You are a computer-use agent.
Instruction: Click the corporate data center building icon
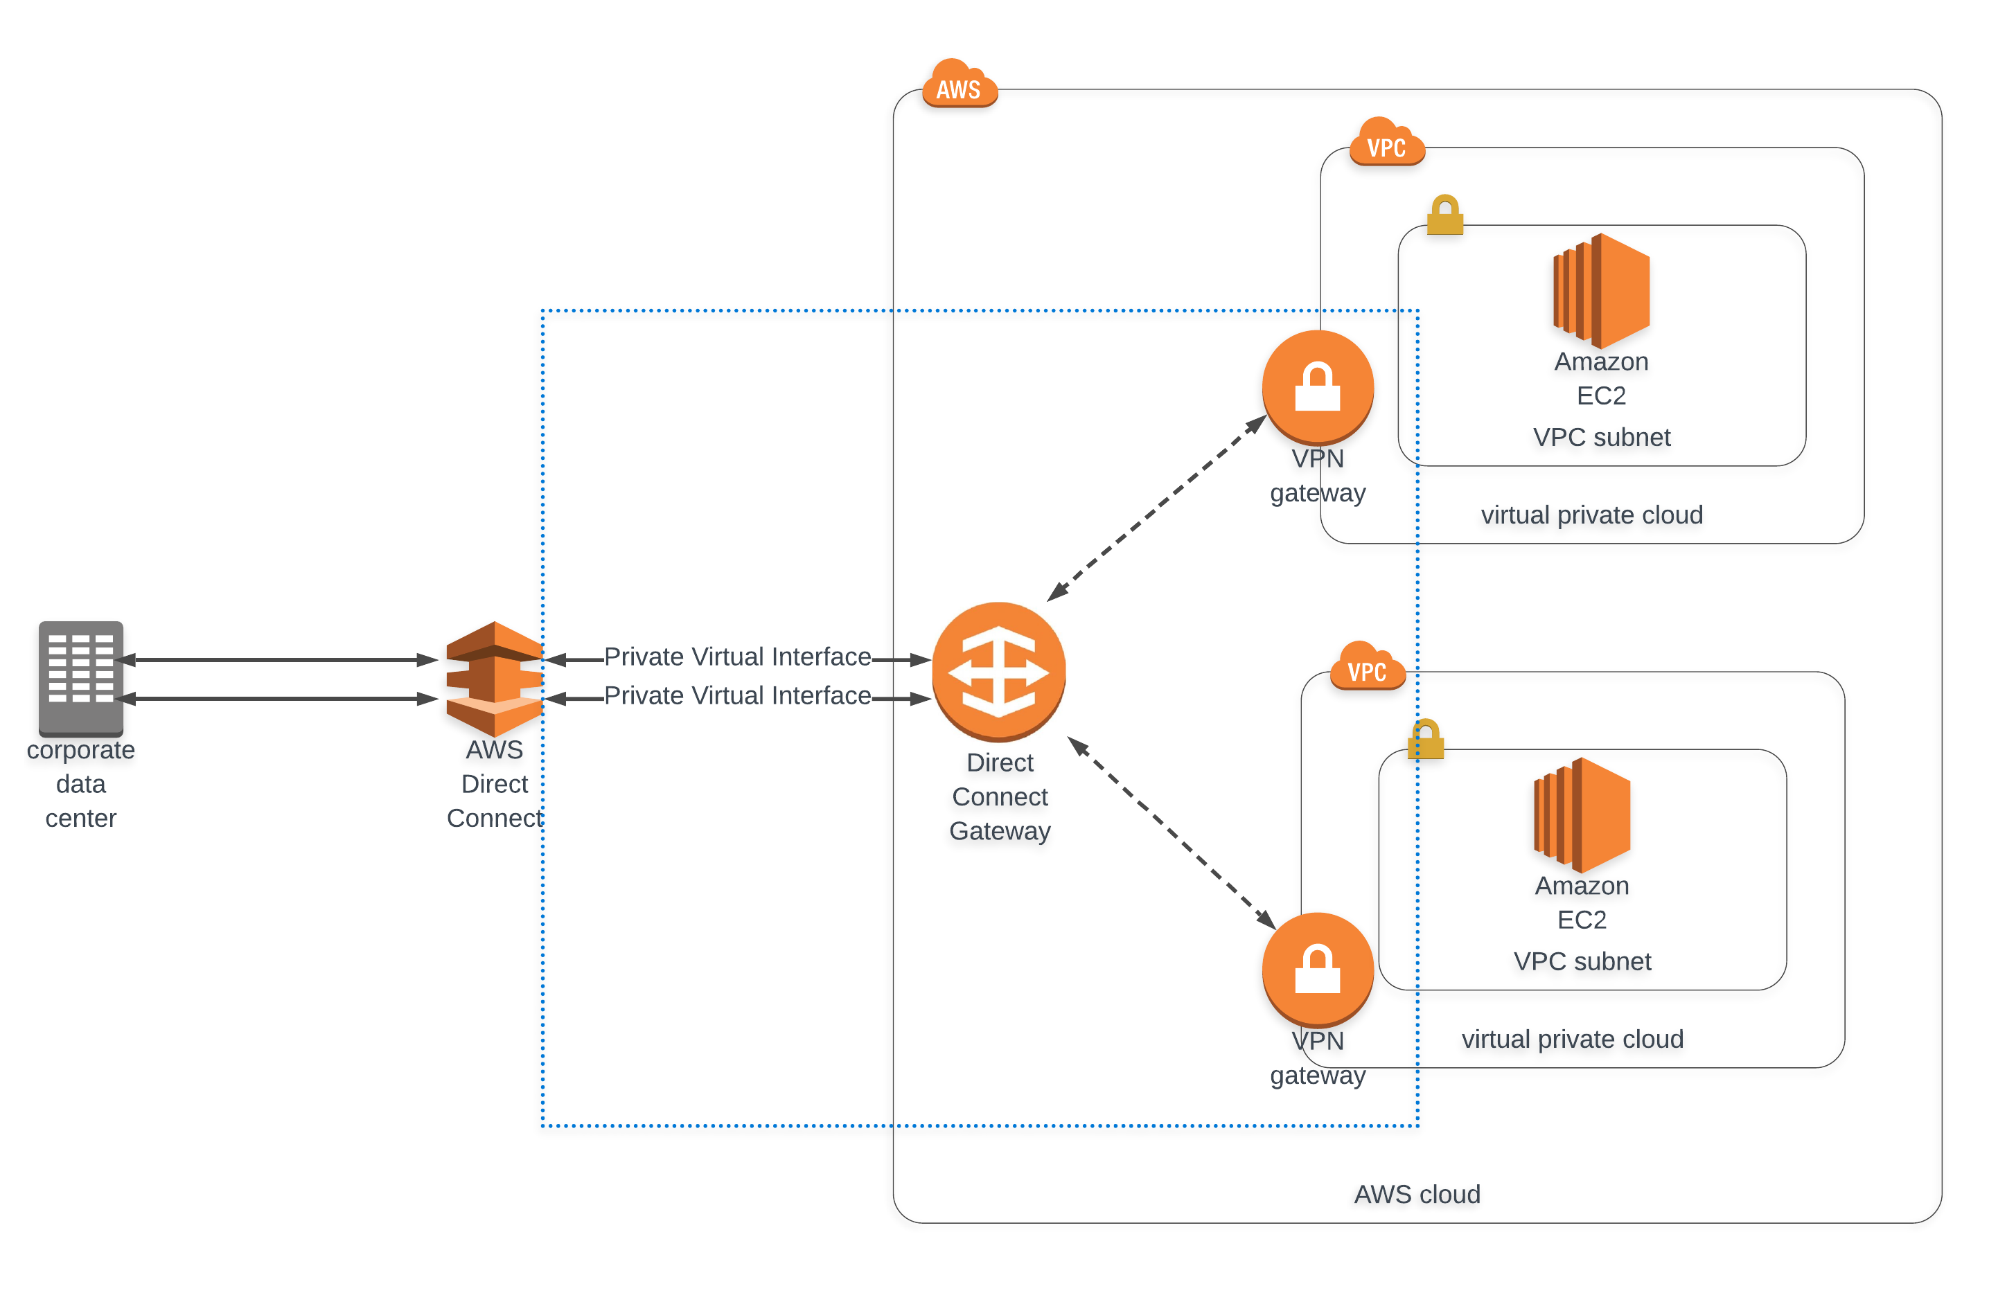click(80, 677)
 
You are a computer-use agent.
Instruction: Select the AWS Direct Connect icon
click(494, 677)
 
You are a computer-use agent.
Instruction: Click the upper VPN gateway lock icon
click(1317, 386)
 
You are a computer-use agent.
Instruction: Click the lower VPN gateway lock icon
click(1317, 969)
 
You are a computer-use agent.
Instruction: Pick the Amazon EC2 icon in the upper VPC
click(1600, 290)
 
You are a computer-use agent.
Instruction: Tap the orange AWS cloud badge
click(959, 85)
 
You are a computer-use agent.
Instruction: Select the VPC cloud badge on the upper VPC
click(1386, 143)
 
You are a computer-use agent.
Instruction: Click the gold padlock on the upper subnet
click(1445, 215)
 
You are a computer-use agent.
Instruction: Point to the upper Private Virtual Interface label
click(737, 657)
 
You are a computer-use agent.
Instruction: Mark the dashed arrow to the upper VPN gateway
click(1158, 508)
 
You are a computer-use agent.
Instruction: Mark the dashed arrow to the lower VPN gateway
click(1172, 834)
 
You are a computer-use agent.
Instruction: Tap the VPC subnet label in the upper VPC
click(1601, 437)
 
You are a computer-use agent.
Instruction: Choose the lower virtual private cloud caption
click(1572, 1039)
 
